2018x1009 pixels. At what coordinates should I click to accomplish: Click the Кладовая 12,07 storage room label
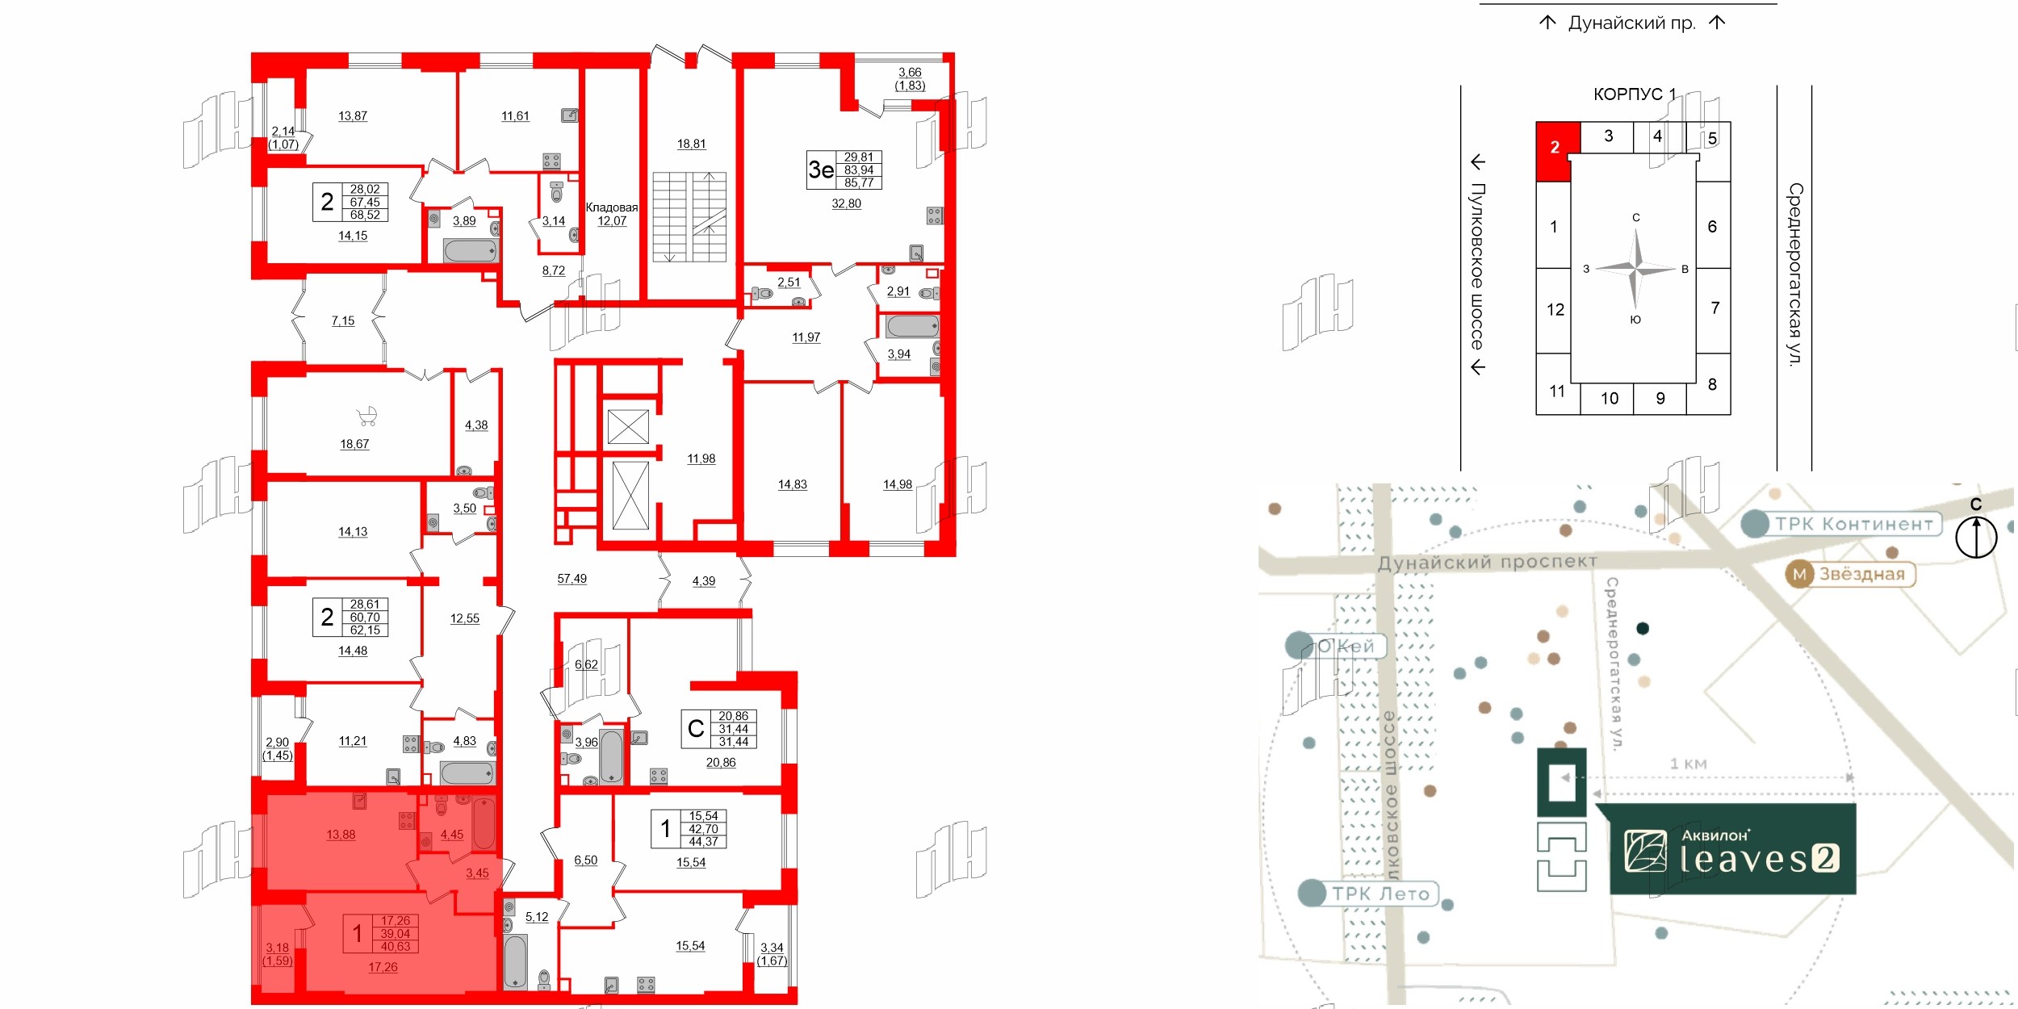(x=611, y=214)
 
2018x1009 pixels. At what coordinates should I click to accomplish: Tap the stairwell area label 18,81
(x=691, y=144)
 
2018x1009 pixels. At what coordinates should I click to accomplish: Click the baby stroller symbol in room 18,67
(x=367, y=416)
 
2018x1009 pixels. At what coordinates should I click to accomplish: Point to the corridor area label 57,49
(x=571, y=579)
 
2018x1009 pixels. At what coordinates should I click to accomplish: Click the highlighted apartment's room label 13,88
(x=341, y=835)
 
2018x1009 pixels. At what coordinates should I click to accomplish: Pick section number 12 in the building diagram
(x=1555, y=310)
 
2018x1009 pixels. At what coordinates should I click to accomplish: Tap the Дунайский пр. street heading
(x=1631, y=23)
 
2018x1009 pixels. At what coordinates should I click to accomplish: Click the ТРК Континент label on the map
(x=1853, y=524)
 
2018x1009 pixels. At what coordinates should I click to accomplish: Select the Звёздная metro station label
(x=1861, y=574)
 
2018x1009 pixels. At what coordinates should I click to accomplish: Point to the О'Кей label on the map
(x=1345, y=646)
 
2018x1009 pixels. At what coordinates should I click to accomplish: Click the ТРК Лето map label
(x=1380, y=894)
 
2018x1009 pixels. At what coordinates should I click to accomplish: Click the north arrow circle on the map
(x=1975, y=537)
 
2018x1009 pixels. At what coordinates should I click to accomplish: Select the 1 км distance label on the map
(x=1688, y=764)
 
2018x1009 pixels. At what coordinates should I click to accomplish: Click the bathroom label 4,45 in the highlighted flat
(x=451, y=835)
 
